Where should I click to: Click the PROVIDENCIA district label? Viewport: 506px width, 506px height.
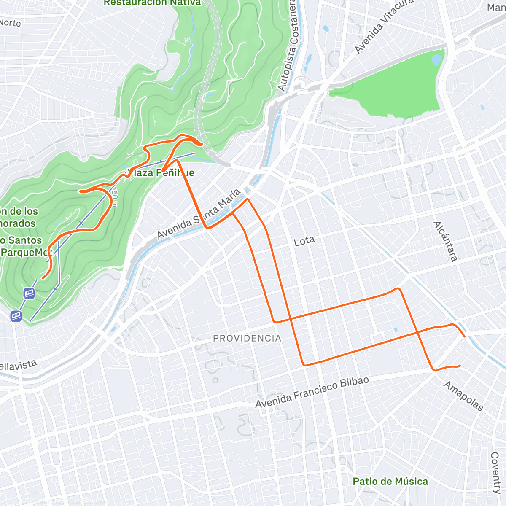point(247,338)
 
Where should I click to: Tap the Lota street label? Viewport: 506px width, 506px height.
point(304,241)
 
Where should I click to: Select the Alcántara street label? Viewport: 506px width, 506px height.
point(445,241)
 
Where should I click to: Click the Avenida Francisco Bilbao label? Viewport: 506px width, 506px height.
point(312,392)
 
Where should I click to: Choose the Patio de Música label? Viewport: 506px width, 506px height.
point(390,482)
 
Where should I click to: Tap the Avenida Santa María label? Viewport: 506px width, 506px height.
point(199,214)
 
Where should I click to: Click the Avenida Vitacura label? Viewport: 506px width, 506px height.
point(384,26)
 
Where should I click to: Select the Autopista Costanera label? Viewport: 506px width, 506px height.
point(288,46)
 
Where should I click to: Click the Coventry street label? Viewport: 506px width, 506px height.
point(496,473)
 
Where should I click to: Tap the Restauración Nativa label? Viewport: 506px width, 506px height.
point(153,3)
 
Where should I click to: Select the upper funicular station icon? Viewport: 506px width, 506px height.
point(29,293)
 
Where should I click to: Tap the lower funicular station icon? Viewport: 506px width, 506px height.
point(16,315)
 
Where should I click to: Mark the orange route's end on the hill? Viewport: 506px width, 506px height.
point(43,278)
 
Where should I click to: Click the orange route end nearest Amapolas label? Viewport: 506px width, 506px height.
point(459,366)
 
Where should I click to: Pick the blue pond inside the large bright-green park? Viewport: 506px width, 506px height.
point(437,59)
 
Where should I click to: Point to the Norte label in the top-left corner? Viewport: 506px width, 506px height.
point(10,22)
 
